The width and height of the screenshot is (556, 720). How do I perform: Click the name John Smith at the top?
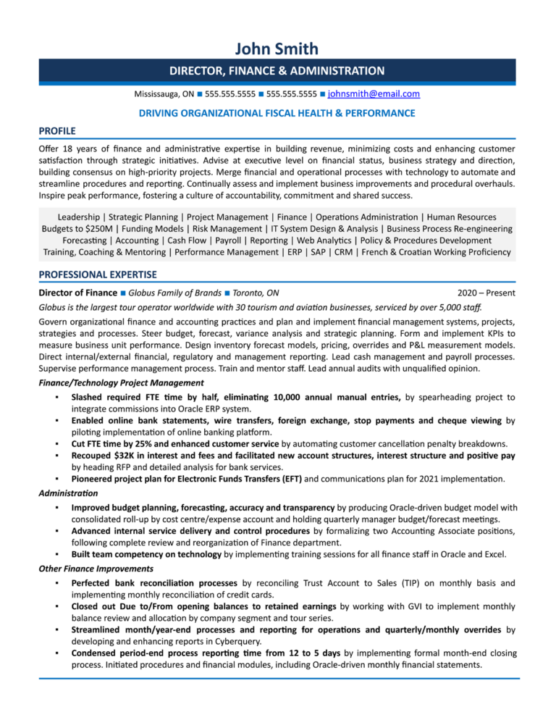point(277,49)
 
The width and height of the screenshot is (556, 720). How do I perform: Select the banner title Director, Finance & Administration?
point(277,71)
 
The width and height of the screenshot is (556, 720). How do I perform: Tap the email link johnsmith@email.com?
point(374,94)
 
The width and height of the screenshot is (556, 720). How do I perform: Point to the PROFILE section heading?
point(57,130)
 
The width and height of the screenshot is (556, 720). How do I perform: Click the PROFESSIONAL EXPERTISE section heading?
point(97,275)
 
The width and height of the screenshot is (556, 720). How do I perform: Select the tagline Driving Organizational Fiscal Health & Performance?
point(277,113)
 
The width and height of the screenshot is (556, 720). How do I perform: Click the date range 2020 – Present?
point(486,293)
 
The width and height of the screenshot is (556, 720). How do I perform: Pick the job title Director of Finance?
point(77,293)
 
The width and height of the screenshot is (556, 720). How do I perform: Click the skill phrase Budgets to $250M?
point(77,229)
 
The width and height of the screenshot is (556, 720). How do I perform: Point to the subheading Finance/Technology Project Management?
point(121,382)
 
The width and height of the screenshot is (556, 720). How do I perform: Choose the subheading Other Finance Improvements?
point(96,569)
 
